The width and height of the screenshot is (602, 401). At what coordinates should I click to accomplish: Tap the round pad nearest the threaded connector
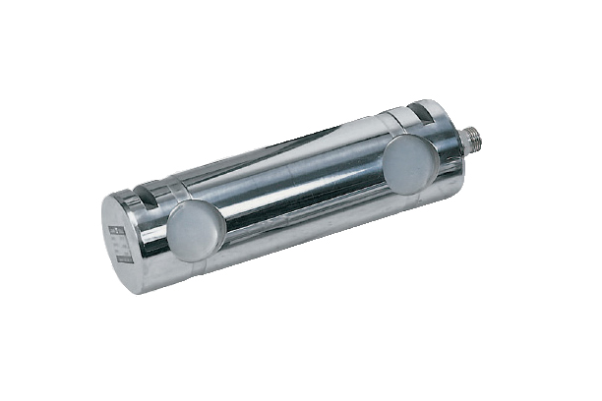409,163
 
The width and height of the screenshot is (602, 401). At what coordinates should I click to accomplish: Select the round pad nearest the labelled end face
196,231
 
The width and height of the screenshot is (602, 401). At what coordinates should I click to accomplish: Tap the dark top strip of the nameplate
119,229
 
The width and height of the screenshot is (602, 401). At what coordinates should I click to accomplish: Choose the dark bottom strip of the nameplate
123,259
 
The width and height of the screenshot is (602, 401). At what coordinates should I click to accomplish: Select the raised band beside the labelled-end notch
169,192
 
